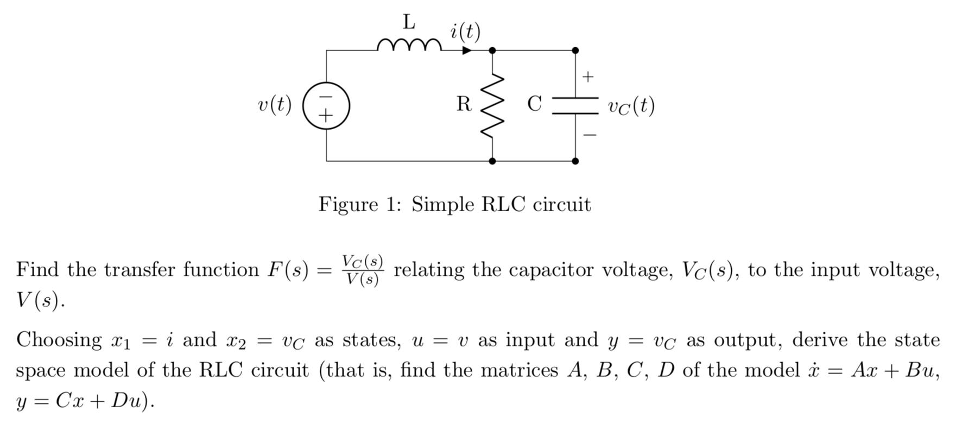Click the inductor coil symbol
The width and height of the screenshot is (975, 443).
[x=409, y=45]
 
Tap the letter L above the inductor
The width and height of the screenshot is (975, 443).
[x=409, y=22]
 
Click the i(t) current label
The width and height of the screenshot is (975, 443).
[x=465, y=32]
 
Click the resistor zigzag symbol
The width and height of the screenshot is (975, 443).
[x=492, y=105]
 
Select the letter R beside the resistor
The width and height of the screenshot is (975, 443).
[x=464, y=104]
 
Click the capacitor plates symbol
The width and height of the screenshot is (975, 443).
[x=575, y=105]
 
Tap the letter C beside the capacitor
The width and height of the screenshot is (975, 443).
[x=534, y=103]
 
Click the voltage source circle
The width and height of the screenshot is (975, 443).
[x=326, y=106]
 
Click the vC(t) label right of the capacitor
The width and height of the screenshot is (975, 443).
[x=631, y=106]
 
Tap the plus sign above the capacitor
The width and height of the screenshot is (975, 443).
[x=588, y=77]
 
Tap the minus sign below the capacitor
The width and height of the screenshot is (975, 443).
[x=590, y=135]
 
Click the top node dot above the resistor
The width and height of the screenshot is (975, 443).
[x=492, y=50]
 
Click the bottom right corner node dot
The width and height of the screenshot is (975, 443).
[x=575, y=161]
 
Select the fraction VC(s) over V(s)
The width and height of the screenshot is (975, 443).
[x=363, y=270]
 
